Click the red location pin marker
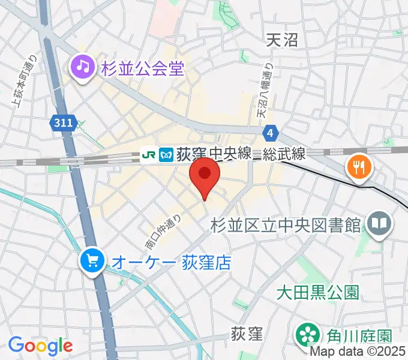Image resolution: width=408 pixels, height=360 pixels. pyautogui.click(x=205, y=175)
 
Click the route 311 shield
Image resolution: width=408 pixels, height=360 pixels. pyautogui.click(x=62, y=123)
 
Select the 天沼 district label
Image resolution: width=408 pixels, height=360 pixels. pyautogui.click(x=282, y=40)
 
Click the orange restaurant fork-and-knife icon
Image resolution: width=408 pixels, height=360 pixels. pyautogui.click(x=358, y=167)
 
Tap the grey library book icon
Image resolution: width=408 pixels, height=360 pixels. pyautogui.click(x=379, y=225)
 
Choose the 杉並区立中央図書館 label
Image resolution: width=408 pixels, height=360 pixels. pyautogui.click(x=286, y=226)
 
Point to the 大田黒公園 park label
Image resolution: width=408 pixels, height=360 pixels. pyautogui.click(x=317, y=292)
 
